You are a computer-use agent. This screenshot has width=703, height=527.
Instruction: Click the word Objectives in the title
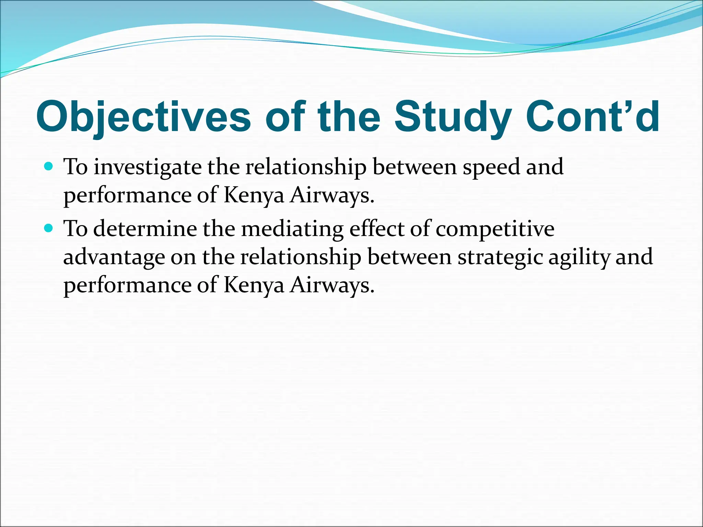point(143,117)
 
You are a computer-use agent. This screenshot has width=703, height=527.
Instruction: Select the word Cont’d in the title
point(592,117)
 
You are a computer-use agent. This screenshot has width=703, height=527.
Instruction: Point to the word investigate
point(148,167)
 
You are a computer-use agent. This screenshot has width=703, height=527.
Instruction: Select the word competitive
point(495,229)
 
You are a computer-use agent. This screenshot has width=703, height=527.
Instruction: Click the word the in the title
point(349,117)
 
